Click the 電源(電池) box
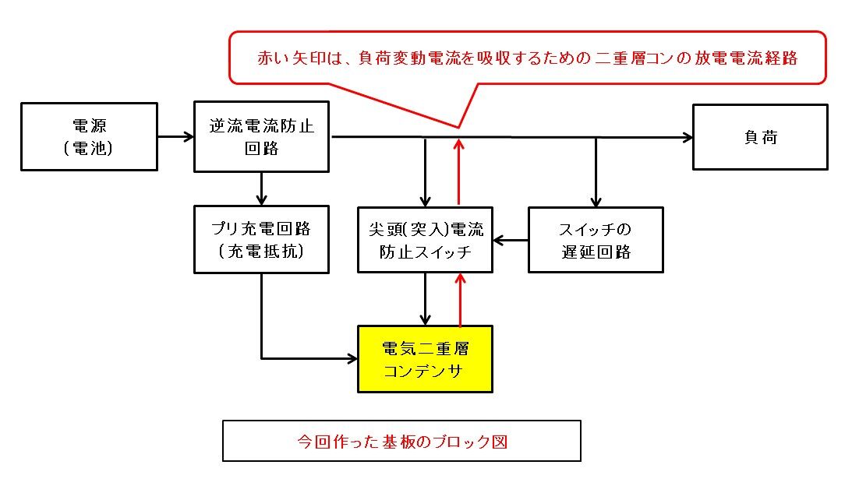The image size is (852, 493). pyautogui.click(x=89, y=137)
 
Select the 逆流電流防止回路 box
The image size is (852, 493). pyautogui.click(x=262, y=137)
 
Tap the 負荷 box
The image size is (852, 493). pyautogui.click(x=760, y=137)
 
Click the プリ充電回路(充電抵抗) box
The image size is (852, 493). pyautogui.click(x=262, y=239)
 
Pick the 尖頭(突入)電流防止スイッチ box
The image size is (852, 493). pyautogui.click(x=425, y=239)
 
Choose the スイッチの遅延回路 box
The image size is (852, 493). pyautogui.click(x=596, y=239)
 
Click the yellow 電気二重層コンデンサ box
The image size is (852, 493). pyautogui.click(x=425, y=359)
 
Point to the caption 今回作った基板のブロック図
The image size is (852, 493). pyautogui.click(x=401, y=441)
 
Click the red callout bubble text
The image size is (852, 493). pyautogui.click(x=527, y=58)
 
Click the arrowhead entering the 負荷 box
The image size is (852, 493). pyautogui.click(x=688, y=138)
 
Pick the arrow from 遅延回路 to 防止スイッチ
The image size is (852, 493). pyautogui.click(x=511, y=240)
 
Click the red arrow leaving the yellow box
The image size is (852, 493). pyautogui.click(x=461, y=299)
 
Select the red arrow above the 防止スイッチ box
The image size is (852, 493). pyautogui.click(x=460, y=171)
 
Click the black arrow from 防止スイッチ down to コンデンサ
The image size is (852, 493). pyautogui.click(x=426, y=299)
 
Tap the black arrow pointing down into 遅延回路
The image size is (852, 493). pyautogui.click(x=596, y=172)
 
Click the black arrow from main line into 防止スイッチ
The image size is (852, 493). pyautogui.click(x=426, y=172)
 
